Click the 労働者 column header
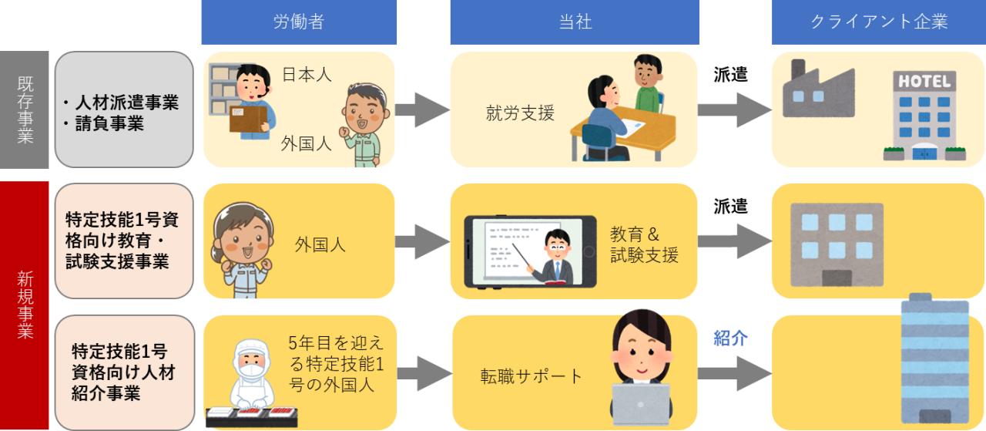[x=299, y=22]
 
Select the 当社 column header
[x=575, y=22]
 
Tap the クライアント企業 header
[x=879, y=22]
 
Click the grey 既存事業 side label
[x=25, y=109]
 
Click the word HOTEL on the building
[x=924, y=81]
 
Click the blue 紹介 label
[x=730, y=338]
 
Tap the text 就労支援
[x=520, y=113]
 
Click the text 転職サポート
[x=531, y=376]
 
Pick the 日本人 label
[x=307, y=75]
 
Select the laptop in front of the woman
[x=641, y=404]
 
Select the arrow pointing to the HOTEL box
[x=734, y=110]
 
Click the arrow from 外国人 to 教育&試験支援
[x=422, y=241]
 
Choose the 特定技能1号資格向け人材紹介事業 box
[x=124, y=372]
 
